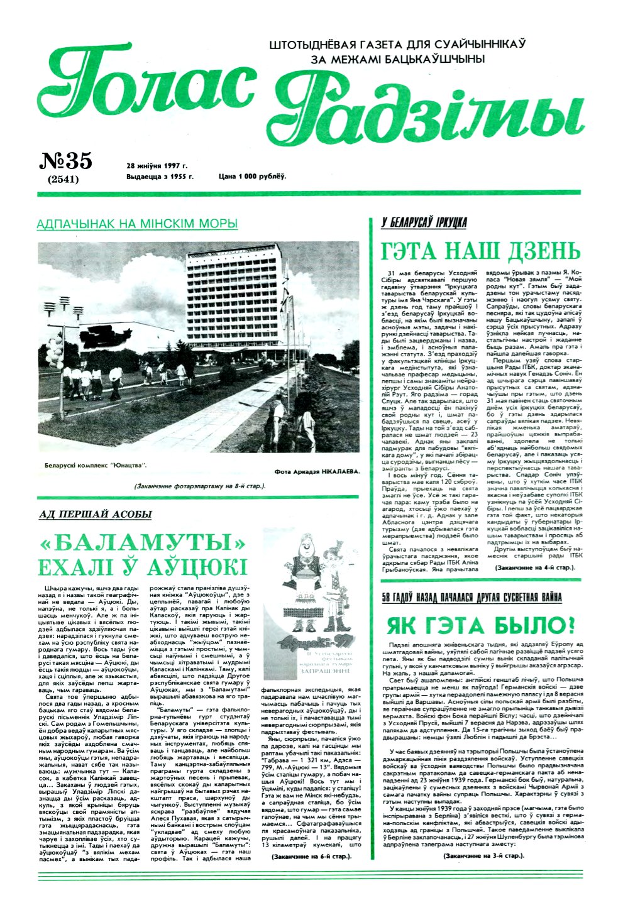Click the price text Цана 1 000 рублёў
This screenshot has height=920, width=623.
click(252, 177)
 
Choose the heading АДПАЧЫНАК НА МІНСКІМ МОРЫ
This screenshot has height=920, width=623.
click(137, 224)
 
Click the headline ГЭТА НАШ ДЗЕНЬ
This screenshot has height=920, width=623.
click(481, 251)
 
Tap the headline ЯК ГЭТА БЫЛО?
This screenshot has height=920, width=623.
click(481, 625)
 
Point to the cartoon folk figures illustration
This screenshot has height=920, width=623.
click(314, 610)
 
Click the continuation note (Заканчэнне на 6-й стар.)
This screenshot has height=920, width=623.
click(312, 857)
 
